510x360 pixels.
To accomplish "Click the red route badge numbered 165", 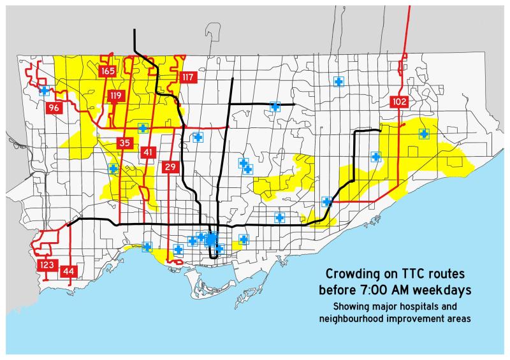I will [107, 71].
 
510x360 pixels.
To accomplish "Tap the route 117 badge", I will [187, 78].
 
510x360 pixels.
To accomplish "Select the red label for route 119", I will [115, 97].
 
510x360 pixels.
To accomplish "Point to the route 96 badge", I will [54, 108].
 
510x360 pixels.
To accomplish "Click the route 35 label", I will [124, 143].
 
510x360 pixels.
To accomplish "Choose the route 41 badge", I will [148, 152].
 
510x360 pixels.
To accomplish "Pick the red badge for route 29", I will [170, 167].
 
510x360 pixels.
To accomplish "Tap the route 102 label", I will [400, 101].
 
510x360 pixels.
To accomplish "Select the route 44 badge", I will [69, 271].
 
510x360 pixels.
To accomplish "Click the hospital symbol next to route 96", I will [45, 90].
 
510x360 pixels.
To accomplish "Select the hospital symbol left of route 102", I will [375, 156].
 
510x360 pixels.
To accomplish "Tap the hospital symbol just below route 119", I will [143, 127].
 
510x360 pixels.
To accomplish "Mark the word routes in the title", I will [448, 275].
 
